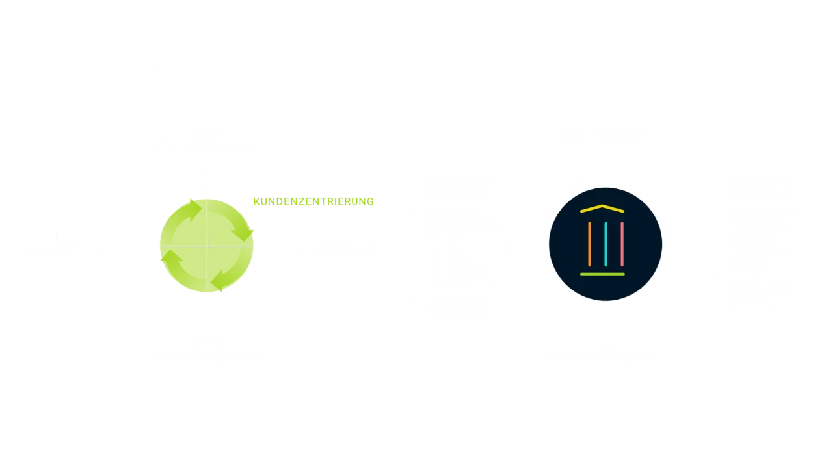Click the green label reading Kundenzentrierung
(x=313, y=201)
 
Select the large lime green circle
(x=206, y=246)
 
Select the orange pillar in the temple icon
(x=589, y=244)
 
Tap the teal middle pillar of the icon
(x=606, y=244)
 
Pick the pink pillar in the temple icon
(x=622, y=244)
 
